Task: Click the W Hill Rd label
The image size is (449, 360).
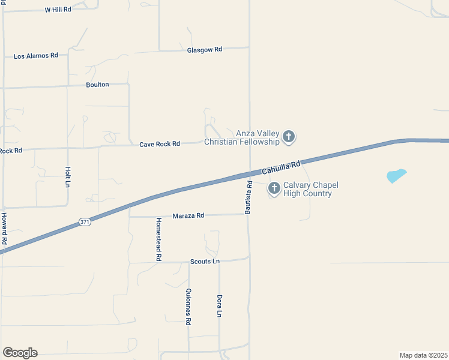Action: pos(58,10)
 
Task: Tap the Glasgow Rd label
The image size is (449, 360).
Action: pos(205,50)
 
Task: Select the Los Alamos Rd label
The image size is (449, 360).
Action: pos(36,56)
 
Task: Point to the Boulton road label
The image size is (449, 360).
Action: pos(97,85)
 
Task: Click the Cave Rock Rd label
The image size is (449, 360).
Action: pos(160,144)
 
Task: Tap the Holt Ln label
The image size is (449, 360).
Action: pos(68,177)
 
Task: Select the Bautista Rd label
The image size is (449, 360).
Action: pos(248,199)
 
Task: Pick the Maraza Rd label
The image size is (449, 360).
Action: pos(188,215)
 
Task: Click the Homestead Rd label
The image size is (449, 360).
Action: pos(159,239)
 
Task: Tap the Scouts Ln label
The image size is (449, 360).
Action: pos(205,262)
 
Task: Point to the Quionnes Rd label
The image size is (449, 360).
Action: pos(188,307)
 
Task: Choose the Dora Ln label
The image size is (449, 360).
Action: pos(220,306)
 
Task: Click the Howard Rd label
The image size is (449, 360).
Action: pos(4,229)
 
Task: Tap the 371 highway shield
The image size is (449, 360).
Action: pos(85,222)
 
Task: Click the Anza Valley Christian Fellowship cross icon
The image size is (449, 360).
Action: pos(289,137)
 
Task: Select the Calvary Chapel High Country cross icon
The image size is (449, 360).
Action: pos(274,189)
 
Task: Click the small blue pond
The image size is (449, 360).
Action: pos(396,176)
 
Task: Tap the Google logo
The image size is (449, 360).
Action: pos(20,353)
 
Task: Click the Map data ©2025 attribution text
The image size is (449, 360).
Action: pos(423,355)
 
